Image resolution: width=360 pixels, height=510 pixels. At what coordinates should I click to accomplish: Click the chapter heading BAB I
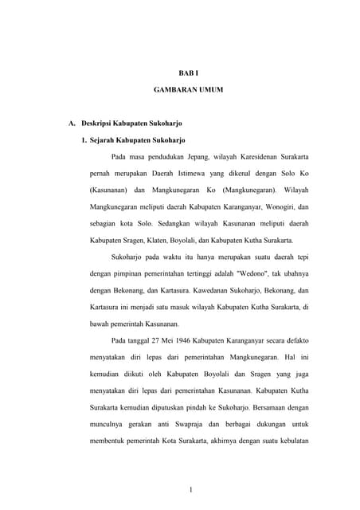click(x=188, y=73)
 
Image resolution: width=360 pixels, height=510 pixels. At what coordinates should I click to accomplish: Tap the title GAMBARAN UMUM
click(x=188, y=91)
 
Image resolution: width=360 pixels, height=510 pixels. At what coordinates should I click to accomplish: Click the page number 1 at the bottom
click(x=188, y=488)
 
